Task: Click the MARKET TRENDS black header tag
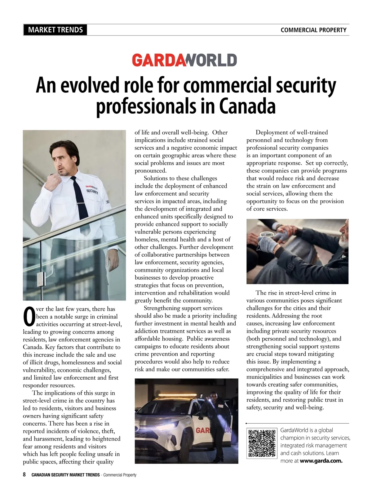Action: click(55, 30)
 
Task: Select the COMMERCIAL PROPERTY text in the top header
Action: click(313, 30)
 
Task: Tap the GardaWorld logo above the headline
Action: click(185, 60)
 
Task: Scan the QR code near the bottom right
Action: click(262, 443)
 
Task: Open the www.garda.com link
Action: click(321, 461)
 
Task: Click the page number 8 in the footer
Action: click(24, 475)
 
